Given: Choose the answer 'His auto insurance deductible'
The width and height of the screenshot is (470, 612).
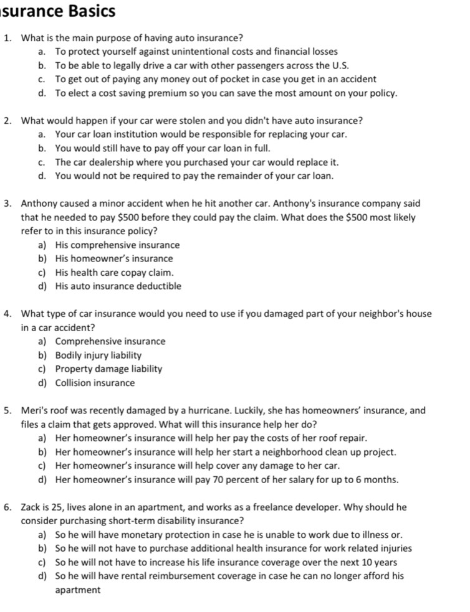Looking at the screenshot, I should point(118,286).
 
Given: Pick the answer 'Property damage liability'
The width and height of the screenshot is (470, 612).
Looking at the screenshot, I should point(108,369).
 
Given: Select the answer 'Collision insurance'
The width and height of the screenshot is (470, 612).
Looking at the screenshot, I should point(95,383).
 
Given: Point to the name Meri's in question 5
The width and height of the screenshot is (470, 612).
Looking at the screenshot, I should point(34,410).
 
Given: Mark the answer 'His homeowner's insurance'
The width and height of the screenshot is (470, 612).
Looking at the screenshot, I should point(113,258).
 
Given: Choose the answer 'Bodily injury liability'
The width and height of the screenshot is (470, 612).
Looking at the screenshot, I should point(98,355).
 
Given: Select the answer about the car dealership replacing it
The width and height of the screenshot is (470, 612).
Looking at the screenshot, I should point(196,162).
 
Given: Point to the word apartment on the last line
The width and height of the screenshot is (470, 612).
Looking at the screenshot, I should point(77,590).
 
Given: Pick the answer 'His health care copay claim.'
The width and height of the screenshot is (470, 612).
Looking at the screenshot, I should point(114,273).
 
